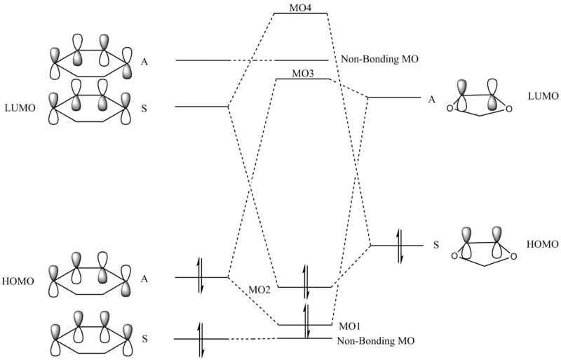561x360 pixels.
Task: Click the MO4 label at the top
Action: tap(301, 6)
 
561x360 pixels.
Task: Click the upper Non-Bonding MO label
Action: tap(379, 60)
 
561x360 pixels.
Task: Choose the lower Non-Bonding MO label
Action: tap(375, 341)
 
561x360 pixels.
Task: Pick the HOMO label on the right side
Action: tap(543, 244)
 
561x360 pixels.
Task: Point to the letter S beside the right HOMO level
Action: tap(435, 246)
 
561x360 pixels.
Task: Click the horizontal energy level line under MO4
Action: tap(301, 13)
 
